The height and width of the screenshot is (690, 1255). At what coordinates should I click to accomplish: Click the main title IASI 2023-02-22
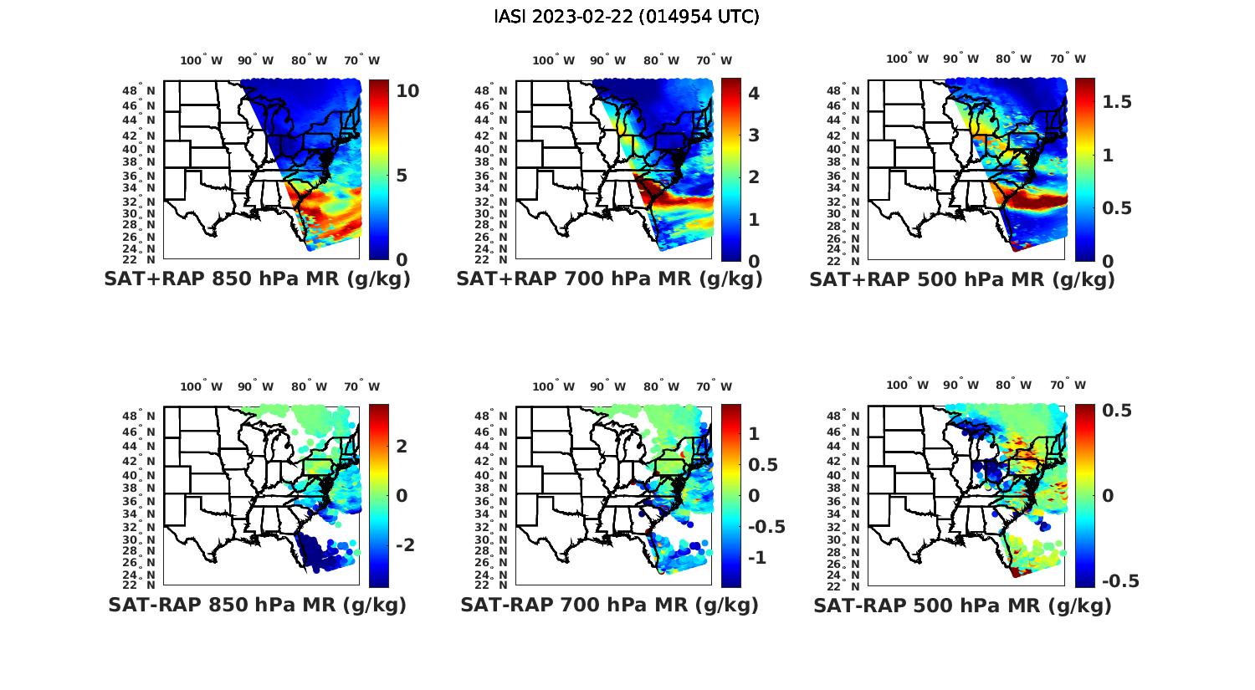(627, 17)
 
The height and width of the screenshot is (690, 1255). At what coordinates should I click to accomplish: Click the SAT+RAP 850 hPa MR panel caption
(258, 279)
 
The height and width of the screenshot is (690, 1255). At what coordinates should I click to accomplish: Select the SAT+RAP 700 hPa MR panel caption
(609, 279)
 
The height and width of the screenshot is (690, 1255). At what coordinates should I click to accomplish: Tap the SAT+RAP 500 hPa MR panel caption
(962, 279)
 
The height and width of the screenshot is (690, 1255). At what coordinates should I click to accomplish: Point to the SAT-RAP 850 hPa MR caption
(258, 605)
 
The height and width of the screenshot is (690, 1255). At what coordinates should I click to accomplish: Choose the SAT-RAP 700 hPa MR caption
(609, 605)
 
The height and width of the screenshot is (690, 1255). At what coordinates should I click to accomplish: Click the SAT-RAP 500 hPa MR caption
(962, 606)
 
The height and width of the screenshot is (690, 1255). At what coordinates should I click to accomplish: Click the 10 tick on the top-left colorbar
(407, 91)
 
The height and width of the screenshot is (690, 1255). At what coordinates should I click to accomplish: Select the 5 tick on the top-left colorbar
(402, 176)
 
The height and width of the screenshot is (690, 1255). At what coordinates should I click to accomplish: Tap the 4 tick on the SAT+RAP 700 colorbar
(754, 93)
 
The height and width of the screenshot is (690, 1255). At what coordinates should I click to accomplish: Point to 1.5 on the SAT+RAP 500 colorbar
(1118, 102)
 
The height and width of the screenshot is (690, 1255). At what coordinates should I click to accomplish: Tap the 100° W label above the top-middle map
(553, 60)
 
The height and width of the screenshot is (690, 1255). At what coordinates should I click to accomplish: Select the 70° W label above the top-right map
(1068, 59)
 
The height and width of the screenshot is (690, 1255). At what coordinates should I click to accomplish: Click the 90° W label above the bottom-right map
(960, 385)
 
